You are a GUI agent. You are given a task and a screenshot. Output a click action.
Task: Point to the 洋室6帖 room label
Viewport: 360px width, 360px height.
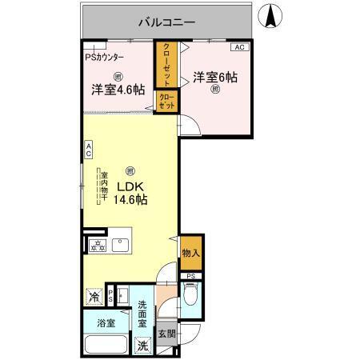pyautogui.click(x=214, y=78)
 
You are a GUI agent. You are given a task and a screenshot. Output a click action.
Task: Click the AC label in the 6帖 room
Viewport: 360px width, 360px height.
pyautogui.click(x=242, y=48)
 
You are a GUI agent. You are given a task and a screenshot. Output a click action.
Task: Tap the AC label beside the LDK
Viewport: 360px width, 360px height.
pyautogui.click(x=89, y=149)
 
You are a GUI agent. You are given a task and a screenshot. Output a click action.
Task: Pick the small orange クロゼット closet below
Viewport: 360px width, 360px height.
pyautogui.click(x=166, y=102)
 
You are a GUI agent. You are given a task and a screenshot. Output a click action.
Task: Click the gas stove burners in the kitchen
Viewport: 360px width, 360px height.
pyautogui.click(x=97, y=246)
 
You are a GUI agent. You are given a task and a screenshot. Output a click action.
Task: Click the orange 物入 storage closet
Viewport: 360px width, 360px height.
pyautogui.click(x=190, y=253)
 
